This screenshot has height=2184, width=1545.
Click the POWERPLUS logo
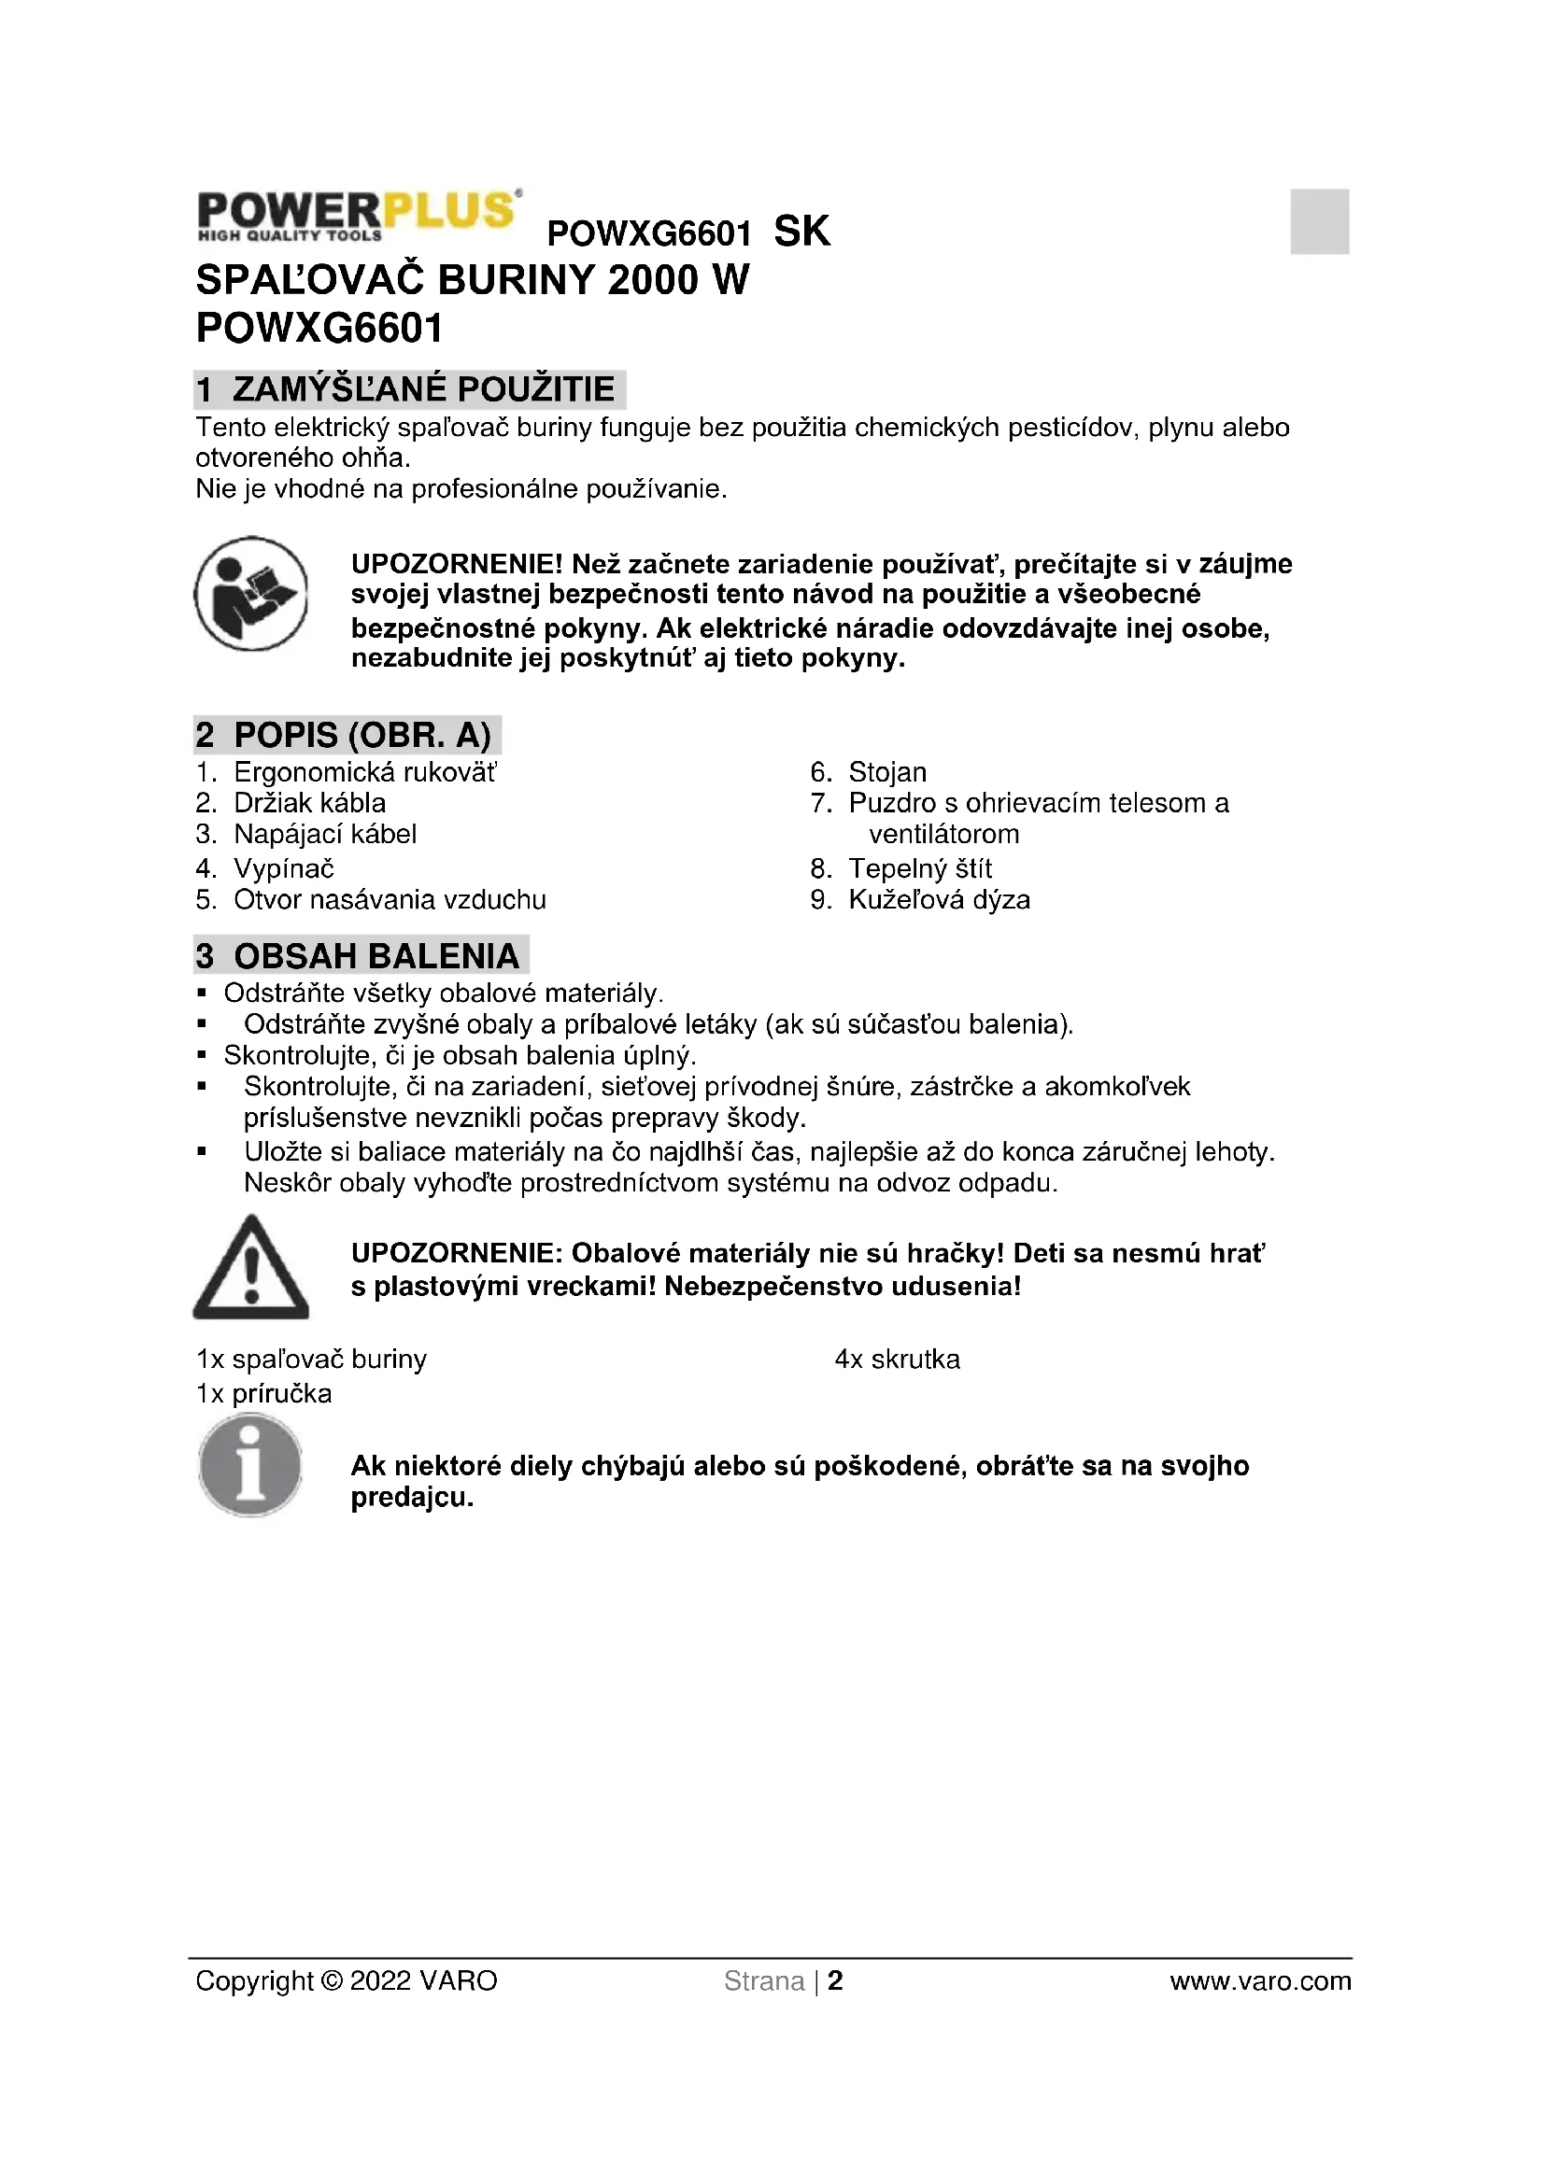358,215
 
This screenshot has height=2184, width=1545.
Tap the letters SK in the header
801,232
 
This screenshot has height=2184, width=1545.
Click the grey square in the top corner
1319,220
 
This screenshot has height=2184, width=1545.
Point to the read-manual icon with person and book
251,594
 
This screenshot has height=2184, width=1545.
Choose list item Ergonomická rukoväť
364,772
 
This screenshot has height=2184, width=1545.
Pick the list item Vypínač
284,868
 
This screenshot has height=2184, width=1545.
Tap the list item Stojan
886,772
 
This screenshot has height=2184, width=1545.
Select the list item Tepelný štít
919,868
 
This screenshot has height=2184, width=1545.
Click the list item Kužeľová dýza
938,900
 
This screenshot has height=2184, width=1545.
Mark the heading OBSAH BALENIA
376,956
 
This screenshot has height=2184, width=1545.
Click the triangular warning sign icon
251,1268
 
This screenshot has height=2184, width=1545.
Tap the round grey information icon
250,1465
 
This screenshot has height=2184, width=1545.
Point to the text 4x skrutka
897,1360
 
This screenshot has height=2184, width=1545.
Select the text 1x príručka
263,1394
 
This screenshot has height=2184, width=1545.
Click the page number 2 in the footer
834,1981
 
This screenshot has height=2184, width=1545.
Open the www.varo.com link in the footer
1259,1981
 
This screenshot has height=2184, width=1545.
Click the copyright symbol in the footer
332,1981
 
